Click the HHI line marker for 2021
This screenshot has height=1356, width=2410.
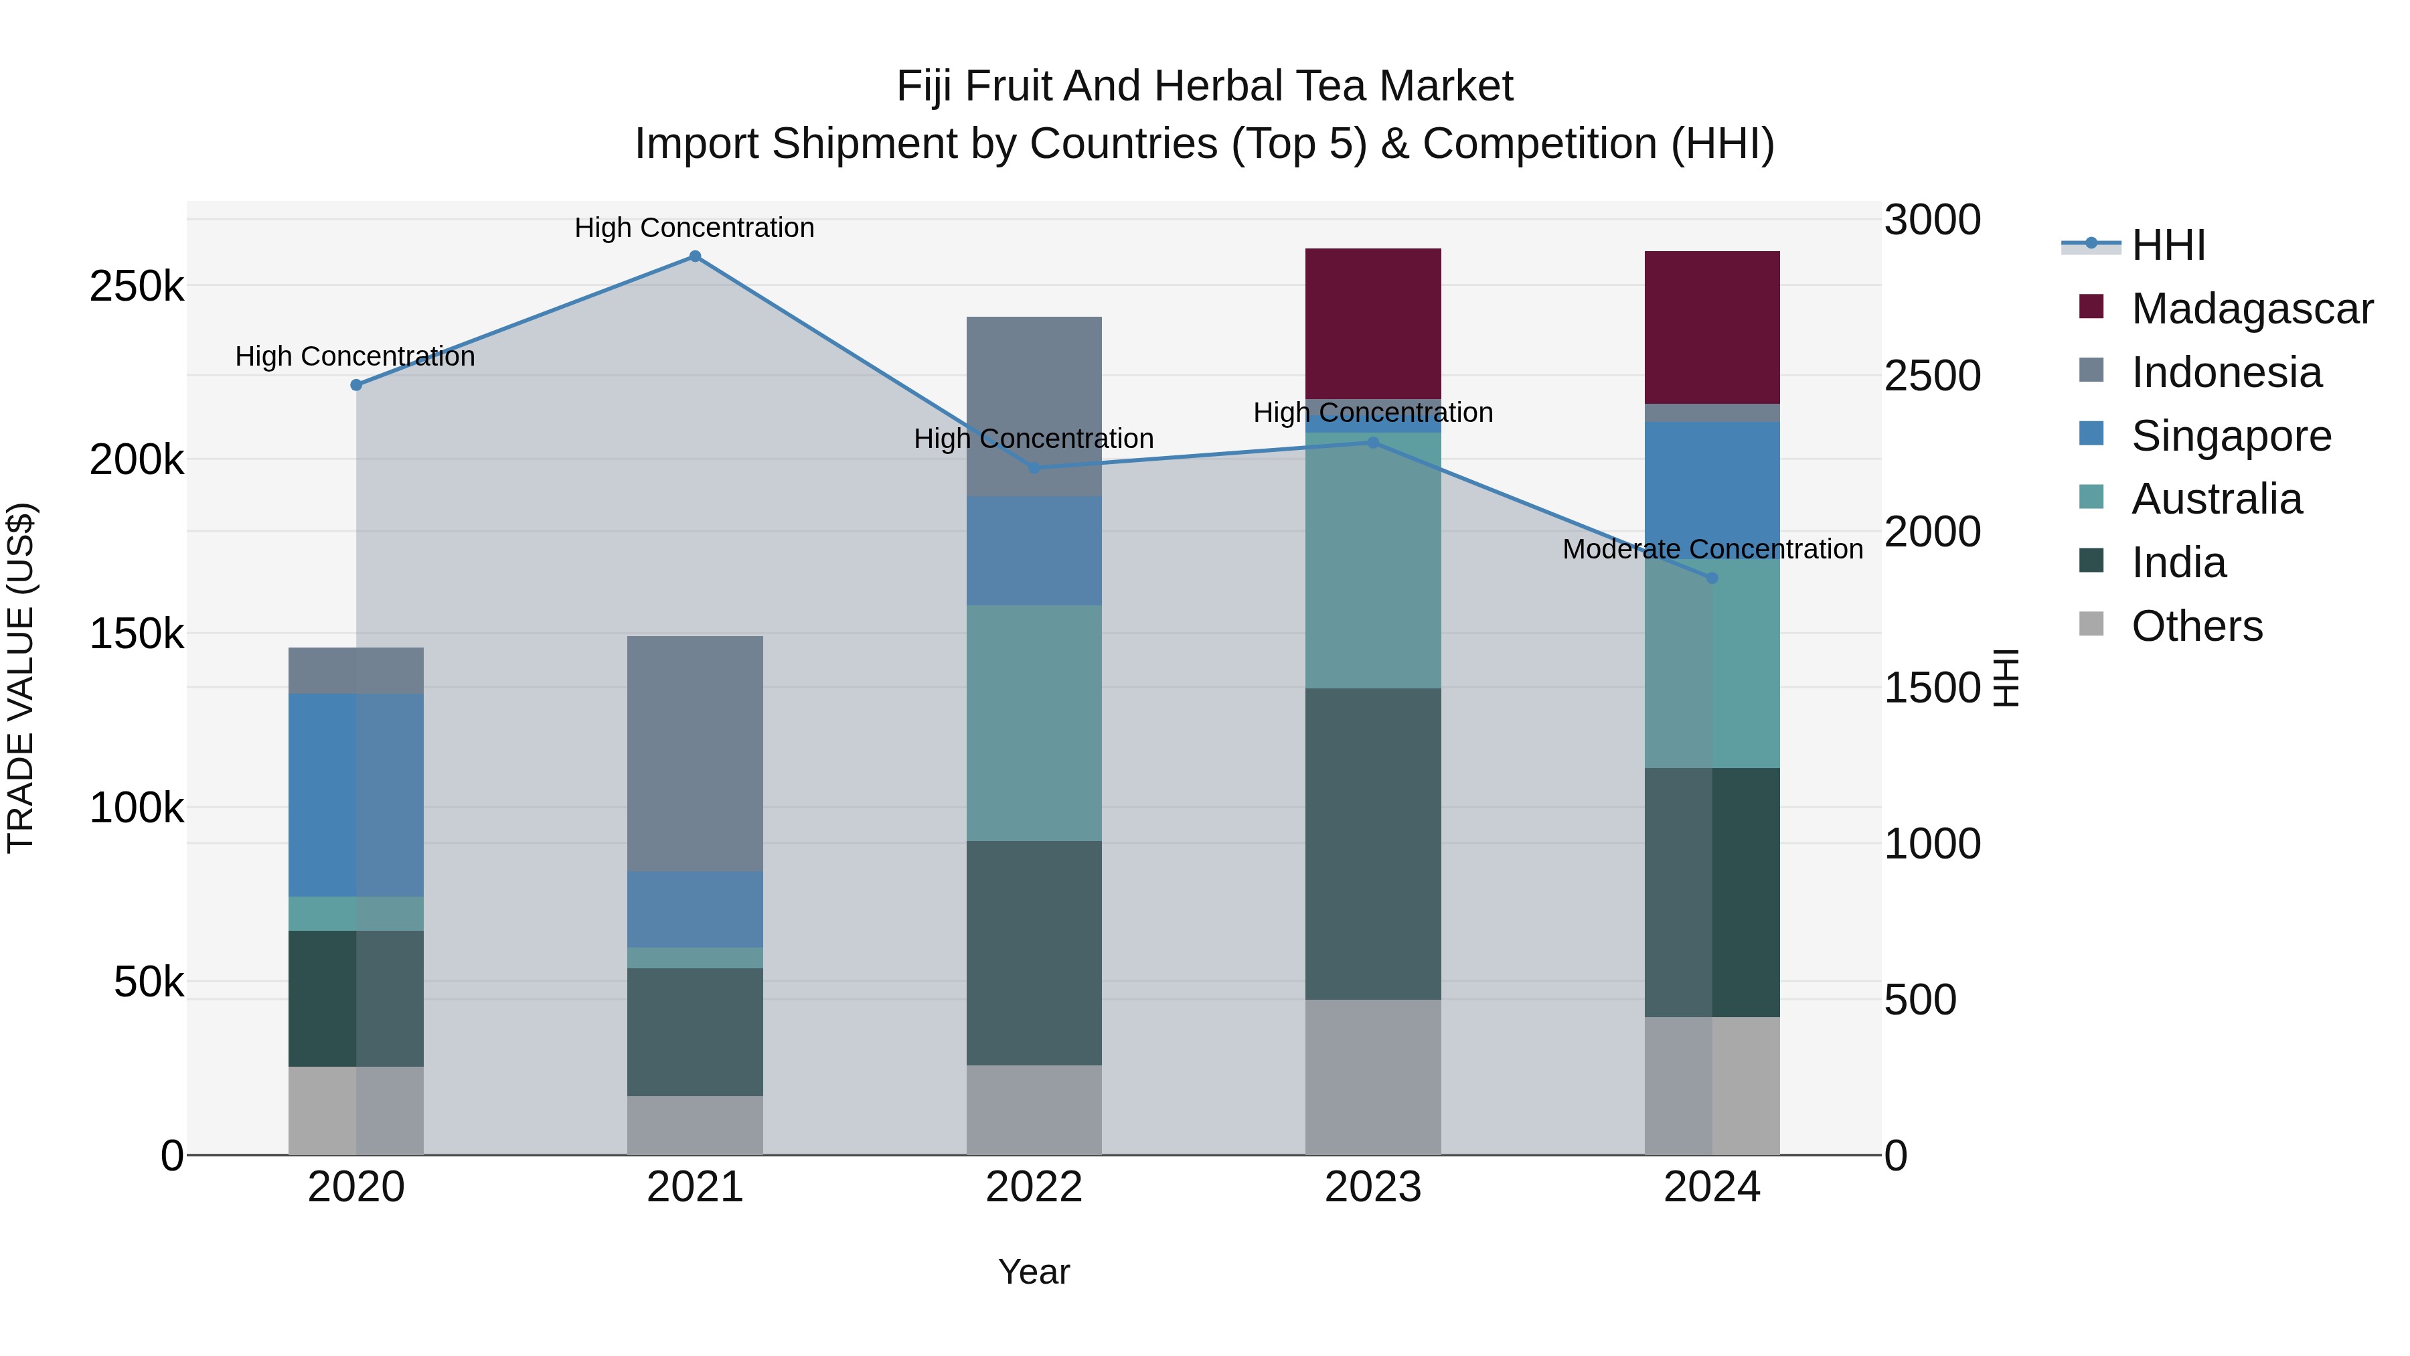694,256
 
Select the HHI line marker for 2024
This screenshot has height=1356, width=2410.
1712,579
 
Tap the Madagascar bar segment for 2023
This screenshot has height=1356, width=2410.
1372,324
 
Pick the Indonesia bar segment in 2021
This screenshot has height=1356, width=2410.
694,753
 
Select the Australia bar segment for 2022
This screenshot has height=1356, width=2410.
1034,723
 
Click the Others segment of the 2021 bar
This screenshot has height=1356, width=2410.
694,1125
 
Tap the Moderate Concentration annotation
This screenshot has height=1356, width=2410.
1712,549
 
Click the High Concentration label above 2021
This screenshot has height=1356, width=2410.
694,228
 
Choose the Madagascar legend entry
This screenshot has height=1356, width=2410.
2251,309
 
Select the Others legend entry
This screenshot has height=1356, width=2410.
2196,626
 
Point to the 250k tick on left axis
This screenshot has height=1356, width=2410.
137,287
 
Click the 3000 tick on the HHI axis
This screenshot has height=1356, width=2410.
1932,221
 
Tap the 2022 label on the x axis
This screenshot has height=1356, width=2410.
1034,1187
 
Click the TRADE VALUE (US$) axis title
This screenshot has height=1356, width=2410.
21,678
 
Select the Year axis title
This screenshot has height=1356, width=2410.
1034,1272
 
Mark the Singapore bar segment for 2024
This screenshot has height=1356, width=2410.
1712,489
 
